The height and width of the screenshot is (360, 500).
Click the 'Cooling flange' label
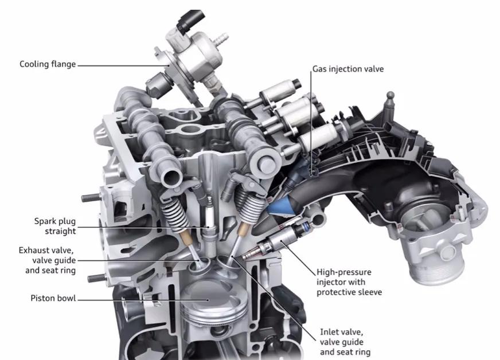pyautogui.click(x=48, y=64)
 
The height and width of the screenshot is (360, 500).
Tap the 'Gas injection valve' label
pyautogui.click(x=348, y=69)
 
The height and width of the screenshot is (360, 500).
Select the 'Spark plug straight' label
pyautogui.click(x=55, y=226)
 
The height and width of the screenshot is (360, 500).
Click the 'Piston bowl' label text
pyautogui.click(x=53, y=298)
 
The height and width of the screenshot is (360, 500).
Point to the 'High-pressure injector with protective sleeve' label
pyautogui.click(x=349, y=282)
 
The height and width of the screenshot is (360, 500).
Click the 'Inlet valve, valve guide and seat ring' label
pyautogui.click(x=345, y=342)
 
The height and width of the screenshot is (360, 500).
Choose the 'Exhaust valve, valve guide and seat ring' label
pyautogui.click(x=47, y=260)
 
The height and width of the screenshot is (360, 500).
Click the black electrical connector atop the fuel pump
pyautogui.click(x=190, y=21)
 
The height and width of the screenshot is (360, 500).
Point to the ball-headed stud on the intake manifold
pyautogui.click(x=390, y=101)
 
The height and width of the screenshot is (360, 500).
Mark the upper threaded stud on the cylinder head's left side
pyautogui.click(x=91, y=198)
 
